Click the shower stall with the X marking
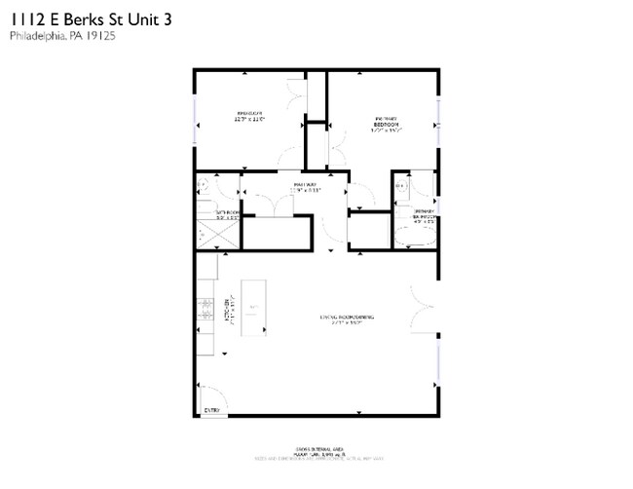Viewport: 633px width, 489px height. (205, 234)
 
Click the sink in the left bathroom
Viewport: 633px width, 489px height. (204, 183)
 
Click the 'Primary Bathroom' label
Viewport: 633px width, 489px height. (423, 215)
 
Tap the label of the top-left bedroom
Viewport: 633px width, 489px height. (250, 117)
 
